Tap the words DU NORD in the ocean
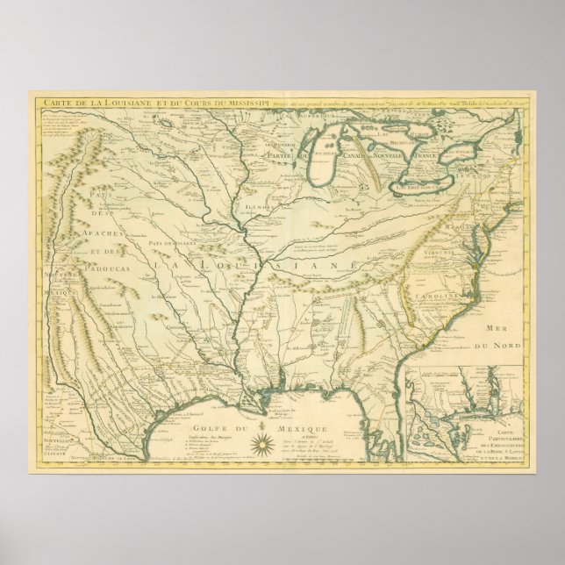pyautogui.click(x=496, y=346)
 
